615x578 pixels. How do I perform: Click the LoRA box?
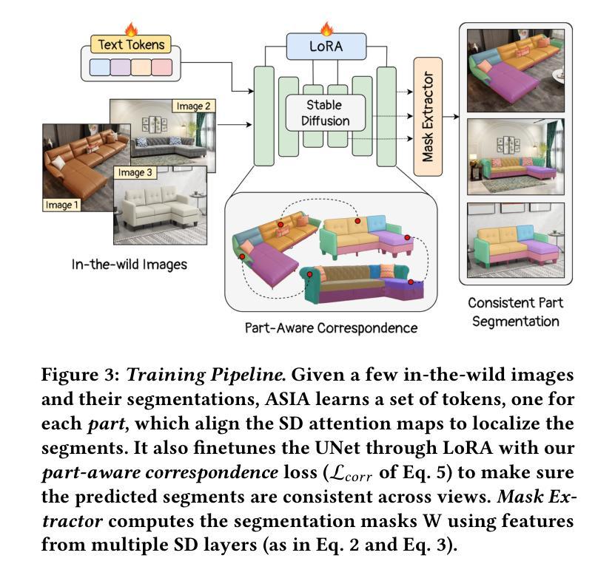(x=326, y=48)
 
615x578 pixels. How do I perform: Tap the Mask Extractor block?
(x=428, y=116)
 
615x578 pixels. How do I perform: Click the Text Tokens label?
(x=128, y=44)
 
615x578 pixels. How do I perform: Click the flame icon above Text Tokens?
(x=132, y=30)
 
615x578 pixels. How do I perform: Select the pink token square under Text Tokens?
(x=161, y=68)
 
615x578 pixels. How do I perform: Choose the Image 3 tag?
(x=136, y=172)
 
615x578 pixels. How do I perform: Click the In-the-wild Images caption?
(x=129, y=264)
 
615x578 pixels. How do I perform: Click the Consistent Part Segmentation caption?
(x=516, y=311)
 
